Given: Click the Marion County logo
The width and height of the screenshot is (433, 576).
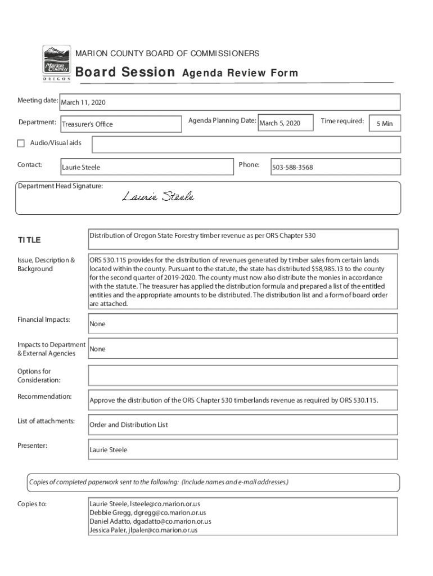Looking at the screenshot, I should pos(57,64).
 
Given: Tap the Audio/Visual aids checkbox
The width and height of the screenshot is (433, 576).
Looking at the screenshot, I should pos(21,143).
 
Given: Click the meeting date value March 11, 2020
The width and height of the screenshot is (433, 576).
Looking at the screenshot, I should pos(83,103).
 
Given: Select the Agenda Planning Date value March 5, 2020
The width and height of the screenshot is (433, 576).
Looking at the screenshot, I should pos(279,123).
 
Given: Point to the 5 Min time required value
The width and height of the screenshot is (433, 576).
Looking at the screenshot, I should pos(385,124).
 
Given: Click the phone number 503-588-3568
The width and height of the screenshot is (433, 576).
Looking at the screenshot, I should pos(292,168).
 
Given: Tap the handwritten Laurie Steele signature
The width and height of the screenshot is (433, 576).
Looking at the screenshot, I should pos(159,196).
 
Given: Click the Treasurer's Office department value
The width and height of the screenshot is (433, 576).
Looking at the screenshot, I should pos(87,124).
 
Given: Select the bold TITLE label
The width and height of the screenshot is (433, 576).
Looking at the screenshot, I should pos(29,240).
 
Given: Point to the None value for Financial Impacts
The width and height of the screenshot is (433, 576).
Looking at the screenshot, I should pos(97,324).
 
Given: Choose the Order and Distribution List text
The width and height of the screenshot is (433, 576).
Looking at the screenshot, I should pos(129,425).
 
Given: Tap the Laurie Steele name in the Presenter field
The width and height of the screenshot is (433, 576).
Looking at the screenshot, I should pos(109,450).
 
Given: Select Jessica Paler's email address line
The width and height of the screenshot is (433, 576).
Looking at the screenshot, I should pos(143,530).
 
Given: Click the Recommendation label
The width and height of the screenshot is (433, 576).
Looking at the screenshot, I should pos(44,397).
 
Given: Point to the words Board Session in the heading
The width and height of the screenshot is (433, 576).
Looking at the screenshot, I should pos(125,73).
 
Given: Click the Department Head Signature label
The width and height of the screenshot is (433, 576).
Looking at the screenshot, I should pos(60,186).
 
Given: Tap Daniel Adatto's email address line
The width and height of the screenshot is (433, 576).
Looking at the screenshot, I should pos(150,521).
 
